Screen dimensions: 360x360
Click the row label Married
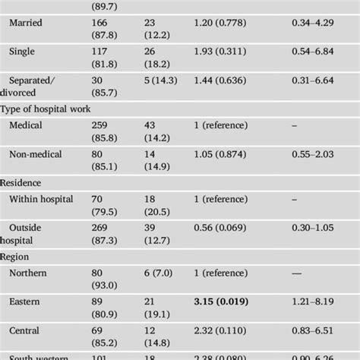(27, 23)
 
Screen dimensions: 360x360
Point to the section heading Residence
(21, 183)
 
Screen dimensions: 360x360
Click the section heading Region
(15, 257)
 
